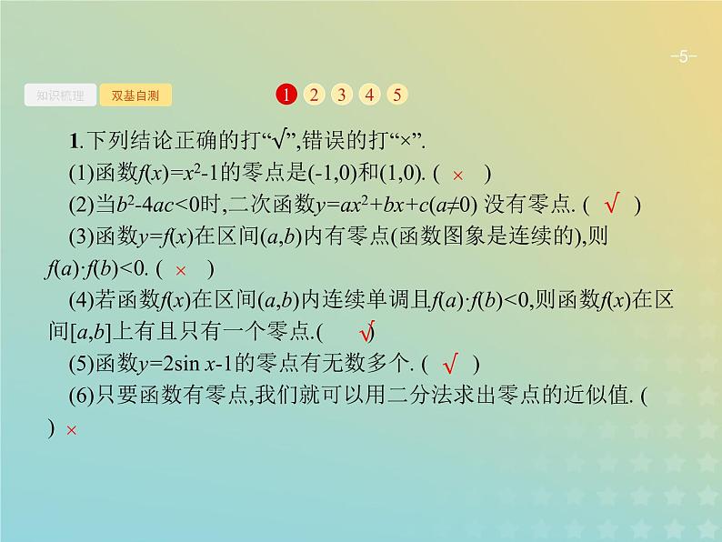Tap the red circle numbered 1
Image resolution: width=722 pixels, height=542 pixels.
286,95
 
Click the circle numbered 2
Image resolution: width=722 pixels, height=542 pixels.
314,95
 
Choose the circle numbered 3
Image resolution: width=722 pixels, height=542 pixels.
342,95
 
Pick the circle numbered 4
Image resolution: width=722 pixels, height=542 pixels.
369,95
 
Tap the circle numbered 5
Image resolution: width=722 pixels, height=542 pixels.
397,95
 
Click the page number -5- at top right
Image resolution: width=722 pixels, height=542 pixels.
683,58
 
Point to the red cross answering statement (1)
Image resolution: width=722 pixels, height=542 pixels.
458,175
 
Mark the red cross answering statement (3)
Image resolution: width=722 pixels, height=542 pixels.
181,269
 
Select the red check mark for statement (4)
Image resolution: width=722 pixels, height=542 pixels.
367,331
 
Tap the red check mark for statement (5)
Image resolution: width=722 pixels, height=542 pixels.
448,365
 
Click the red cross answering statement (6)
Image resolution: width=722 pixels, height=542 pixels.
72,430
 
